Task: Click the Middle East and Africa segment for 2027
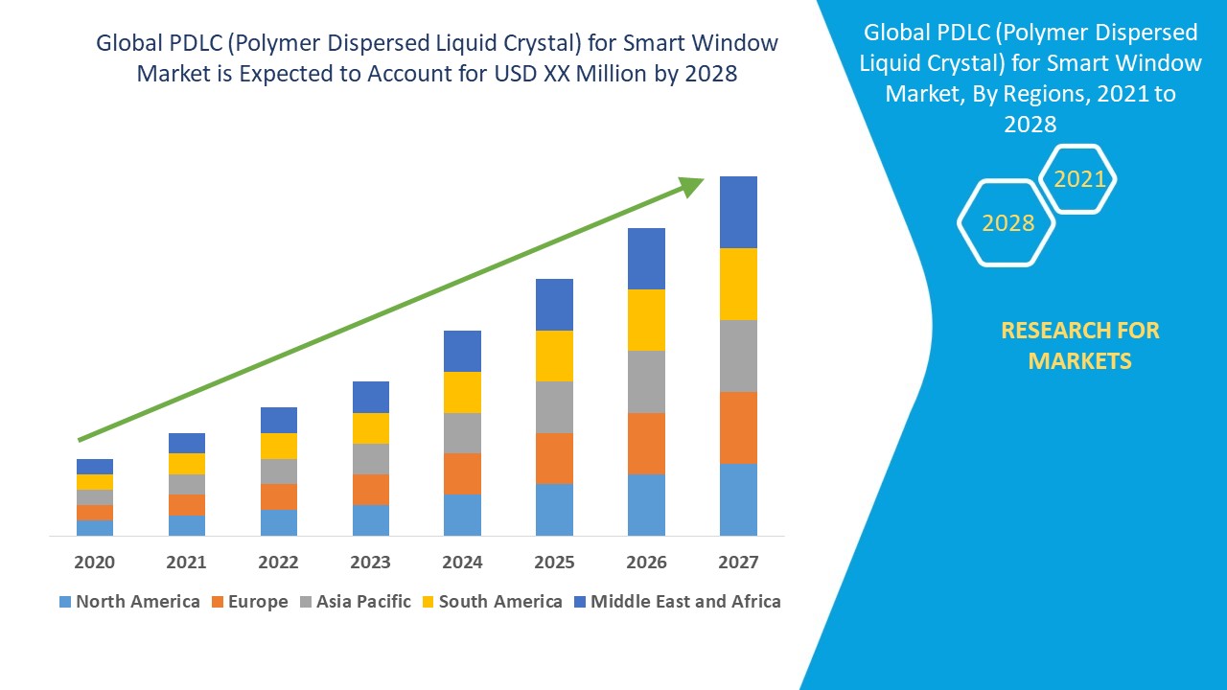click(738, 212)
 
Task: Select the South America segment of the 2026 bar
click(646, 320)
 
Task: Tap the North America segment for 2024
click(462, 515)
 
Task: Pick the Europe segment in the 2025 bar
click(554, 458)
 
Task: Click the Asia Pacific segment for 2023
click(371, 459)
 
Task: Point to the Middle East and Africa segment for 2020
click(95, 467)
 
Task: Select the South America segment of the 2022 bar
click(279, 446)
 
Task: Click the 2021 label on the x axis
click(186, 563)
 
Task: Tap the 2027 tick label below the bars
click(738, 563)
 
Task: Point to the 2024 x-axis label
click(462, 563)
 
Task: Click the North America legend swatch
click(65, 602)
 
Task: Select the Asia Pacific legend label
click(363, 602)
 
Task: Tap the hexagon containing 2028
click(1007, 223)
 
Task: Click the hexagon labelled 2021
click(1079, 179)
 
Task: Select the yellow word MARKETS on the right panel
click(1079, 361)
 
